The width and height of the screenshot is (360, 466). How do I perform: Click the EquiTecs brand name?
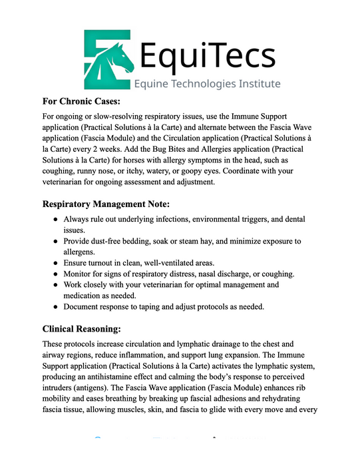[208, 53]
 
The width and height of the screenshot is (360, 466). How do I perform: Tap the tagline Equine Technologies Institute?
[207, 84]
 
